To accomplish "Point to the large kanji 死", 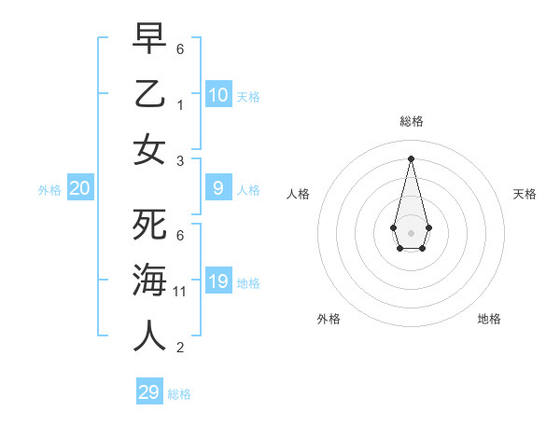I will pos(149,223).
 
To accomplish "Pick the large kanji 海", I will pos(149,280).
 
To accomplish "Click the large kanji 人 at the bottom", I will pos(149,335).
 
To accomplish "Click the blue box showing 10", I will pos(218,95).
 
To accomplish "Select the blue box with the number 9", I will pos(218,188).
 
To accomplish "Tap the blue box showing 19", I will pos(218,281).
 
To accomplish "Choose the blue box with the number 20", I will pos(80,188).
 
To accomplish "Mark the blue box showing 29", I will pos(149,392).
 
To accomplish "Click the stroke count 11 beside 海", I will pos(181,292).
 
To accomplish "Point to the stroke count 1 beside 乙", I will pos(181,105).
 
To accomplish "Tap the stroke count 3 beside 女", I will pos(181,161).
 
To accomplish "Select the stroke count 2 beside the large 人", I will pos(181,348).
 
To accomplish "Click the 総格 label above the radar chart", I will pos(412,121).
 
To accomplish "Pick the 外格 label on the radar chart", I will pos(329,319).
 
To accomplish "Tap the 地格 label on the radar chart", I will pos(489,319).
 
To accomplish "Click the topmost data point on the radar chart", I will pos(412,157).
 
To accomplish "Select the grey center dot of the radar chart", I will pos(412,232).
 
